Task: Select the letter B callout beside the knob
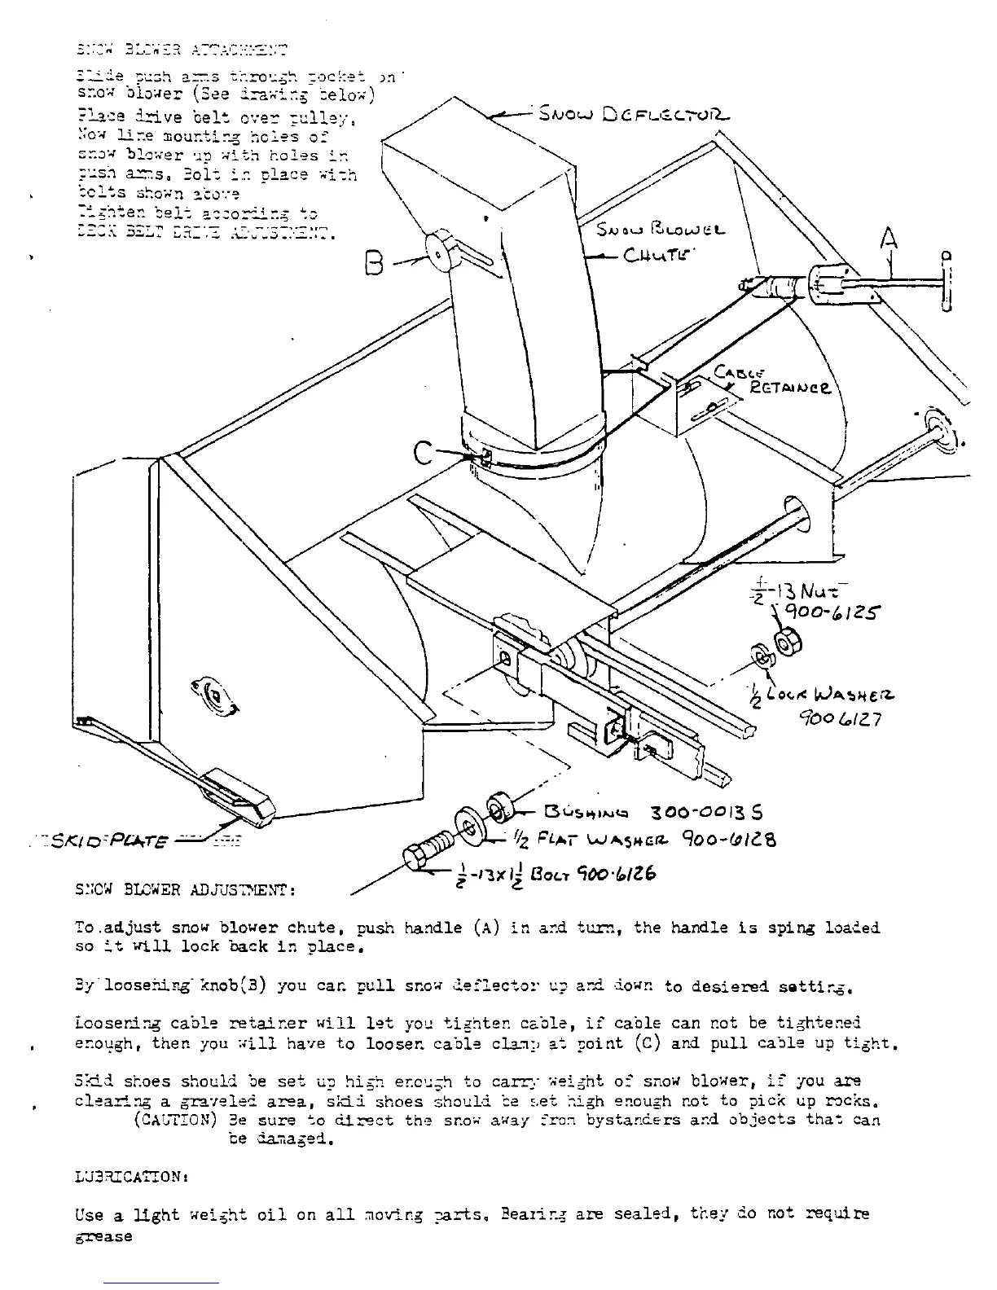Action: click(x=375, y=262)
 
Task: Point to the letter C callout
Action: click(x=424, y=450)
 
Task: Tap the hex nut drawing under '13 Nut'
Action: click(x=786, y=643)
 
